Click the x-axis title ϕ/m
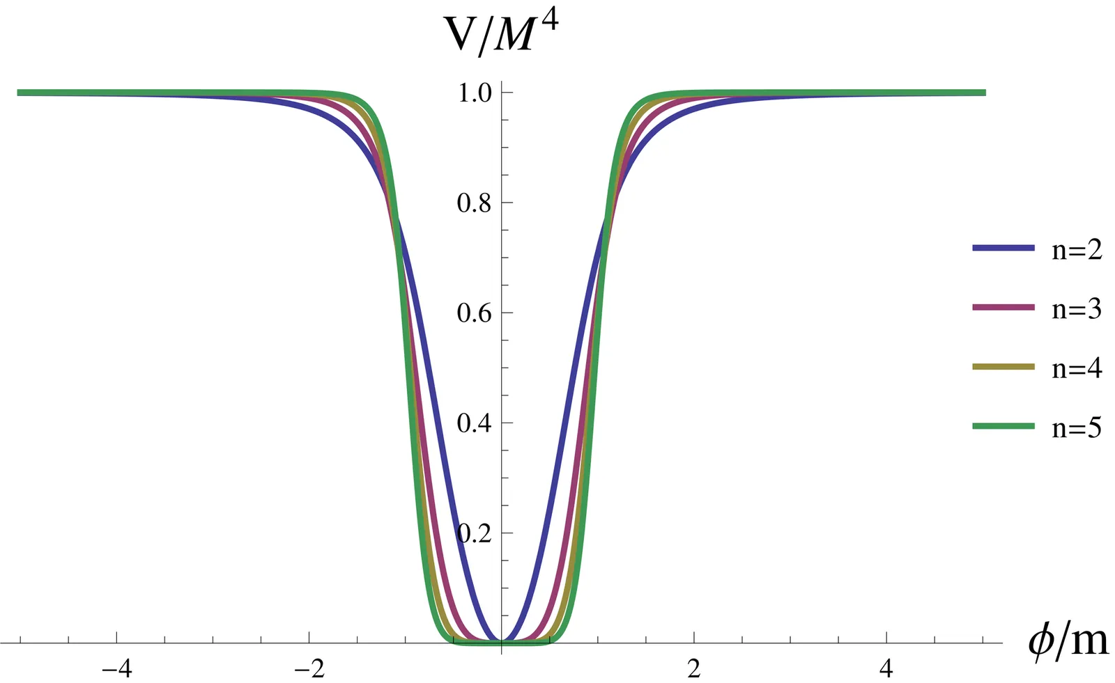pyautogui.click(x=1067, y=641)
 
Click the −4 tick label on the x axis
pyautogui.click(x=116, y=670)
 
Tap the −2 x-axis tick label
pyautogui.click(x=309, y=670)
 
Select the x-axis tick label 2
pyautogui.click(x=693, y=670)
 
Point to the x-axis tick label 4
pyautogui.click(x=886, y=670)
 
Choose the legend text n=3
pyautogui.click(x=1077, y=308)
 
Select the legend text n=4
pyautogui.click(x=1077, y=368)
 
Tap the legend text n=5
pyautogui.click(x=1077, y=427)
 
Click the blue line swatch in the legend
pyautogui.click(x=1003, y=248)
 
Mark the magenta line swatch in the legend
pyautogui.click(x=1003, y=307)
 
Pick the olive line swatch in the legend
pyautogui.click(x=1003, y=366)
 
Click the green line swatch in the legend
pyautogui.click(x=1003, y=425)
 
